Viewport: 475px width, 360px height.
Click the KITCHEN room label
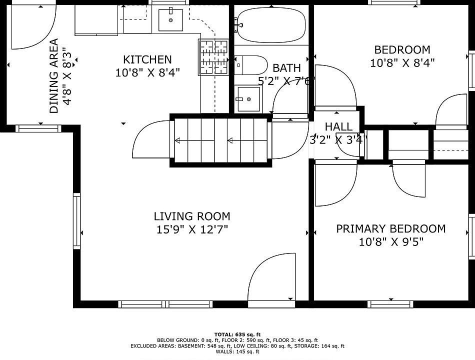tap(147, 59)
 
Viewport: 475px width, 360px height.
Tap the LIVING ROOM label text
tap(192, 216)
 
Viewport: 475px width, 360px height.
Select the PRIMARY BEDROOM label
tap(391, 228)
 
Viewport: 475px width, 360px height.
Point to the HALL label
tap(338, 126)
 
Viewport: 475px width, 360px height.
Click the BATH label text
tap(286, 68)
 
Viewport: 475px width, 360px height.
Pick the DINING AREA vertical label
tap(54, 76)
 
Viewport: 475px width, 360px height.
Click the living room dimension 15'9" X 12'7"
tap(192, 229)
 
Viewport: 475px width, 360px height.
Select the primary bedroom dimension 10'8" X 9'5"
tap(391, 242)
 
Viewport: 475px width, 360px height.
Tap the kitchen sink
tap(171, 20)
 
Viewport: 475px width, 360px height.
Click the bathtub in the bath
tap(271, 25)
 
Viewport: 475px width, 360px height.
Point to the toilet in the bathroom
tap(251, 65)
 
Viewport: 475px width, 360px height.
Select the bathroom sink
tap(248, 99)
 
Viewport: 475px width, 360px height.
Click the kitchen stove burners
tap(213, 57)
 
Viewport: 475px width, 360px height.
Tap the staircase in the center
tap(221, 140)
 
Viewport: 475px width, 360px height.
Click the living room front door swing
tap(271, 277)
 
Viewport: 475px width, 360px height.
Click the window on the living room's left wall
tap(77, 221)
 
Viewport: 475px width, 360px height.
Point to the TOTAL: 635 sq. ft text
tap(237, 334)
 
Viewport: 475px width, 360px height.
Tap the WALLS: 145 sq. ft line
tap(237, 352)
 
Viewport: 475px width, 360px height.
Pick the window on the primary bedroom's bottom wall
tap(390, 304)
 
